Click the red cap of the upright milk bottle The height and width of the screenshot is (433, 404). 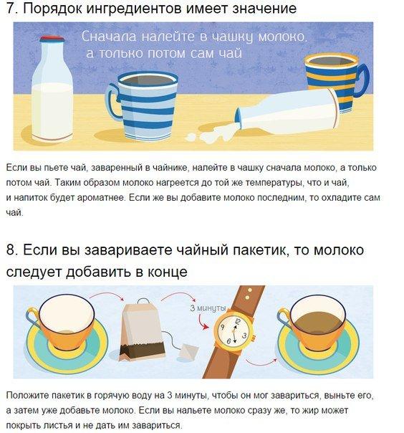coord(52,39)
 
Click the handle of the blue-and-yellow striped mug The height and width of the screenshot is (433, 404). coord(362,80)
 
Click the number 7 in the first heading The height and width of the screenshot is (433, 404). coord(11,9)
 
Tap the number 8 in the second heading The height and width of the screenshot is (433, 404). coord(11,250)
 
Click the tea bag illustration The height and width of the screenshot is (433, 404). coord(140,330)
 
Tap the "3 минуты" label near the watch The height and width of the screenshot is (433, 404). coord(208,308)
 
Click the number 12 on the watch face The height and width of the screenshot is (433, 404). coord(237,321)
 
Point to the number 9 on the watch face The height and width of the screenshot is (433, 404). coord(223,328)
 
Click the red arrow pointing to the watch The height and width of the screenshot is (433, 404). coord(202,322)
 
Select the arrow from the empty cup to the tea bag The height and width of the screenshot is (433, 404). coord(107,296)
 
